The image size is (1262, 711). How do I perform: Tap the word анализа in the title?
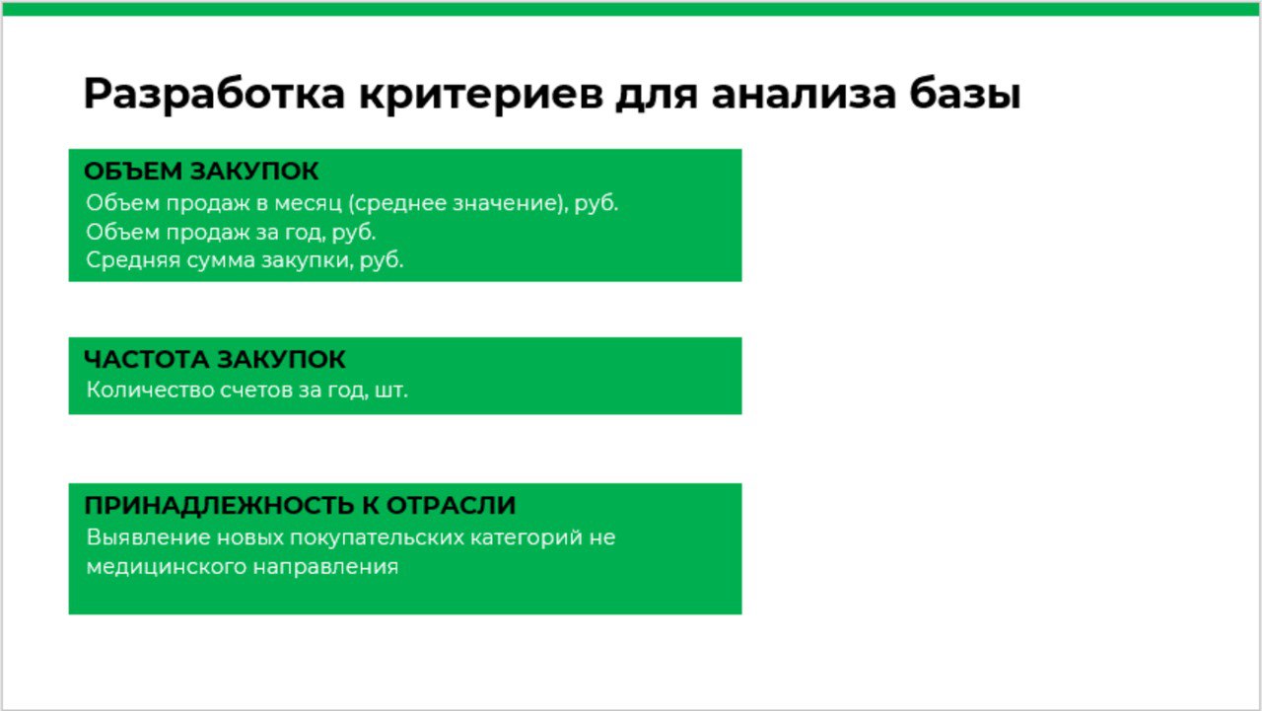pos(805,95)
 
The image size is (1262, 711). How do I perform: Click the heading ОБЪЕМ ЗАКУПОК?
pos(201,172)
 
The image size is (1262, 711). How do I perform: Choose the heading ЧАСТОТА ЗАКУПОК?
pos(215,359)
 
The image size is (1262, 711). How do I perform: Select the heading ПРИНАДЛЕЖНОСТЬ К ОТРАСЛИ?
pos(300,506)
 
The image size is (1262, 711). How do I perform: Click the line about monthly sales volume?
pos(352,204)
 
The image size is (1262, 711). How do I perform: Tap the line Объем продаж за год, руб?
pos(231,233)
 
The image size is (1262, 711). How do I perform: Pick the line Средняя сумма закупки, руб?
pos(245,261)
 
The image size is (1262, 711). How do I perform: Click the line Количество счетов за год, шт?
pos(246,390)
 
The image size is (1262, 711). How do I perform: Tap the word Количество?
pos(141,390)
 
